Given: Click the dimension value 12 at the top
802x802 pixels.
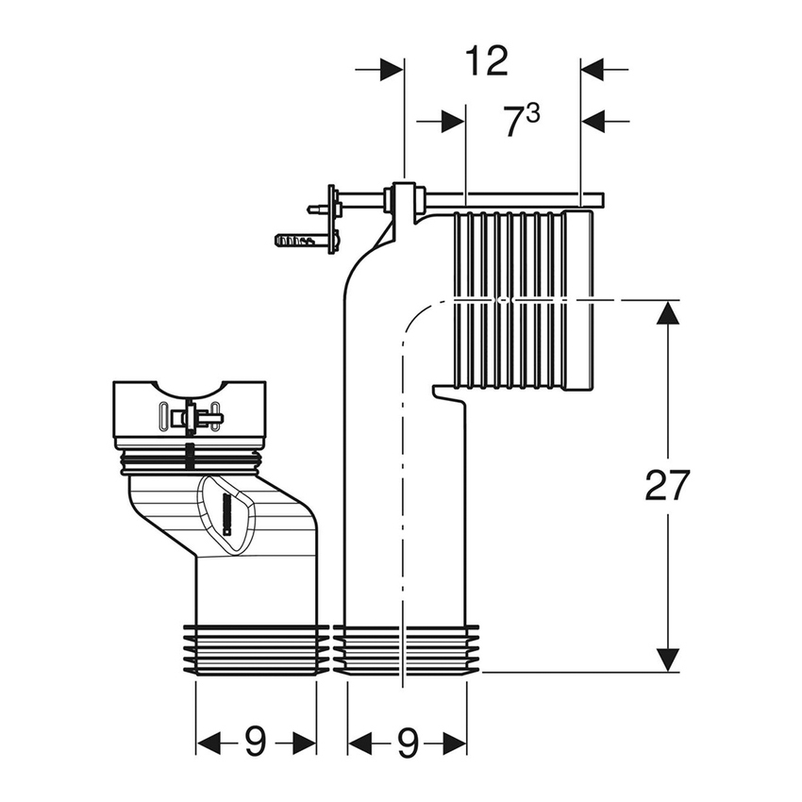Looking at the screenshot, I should [487, 62].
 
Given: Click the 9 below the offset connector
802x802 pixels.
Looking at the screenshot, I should [255, 744].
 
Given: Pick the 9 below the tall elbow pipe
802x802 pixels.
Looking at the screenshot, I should [407, 744].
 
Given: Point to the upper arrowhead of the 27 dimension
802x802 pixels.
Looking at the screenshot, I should [668, 313].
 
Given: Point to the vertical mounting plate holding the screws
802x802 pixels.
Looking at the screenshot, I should [331, 218].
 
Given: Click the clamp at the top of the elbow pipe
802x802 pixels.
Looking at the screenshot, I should [404, 201].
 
